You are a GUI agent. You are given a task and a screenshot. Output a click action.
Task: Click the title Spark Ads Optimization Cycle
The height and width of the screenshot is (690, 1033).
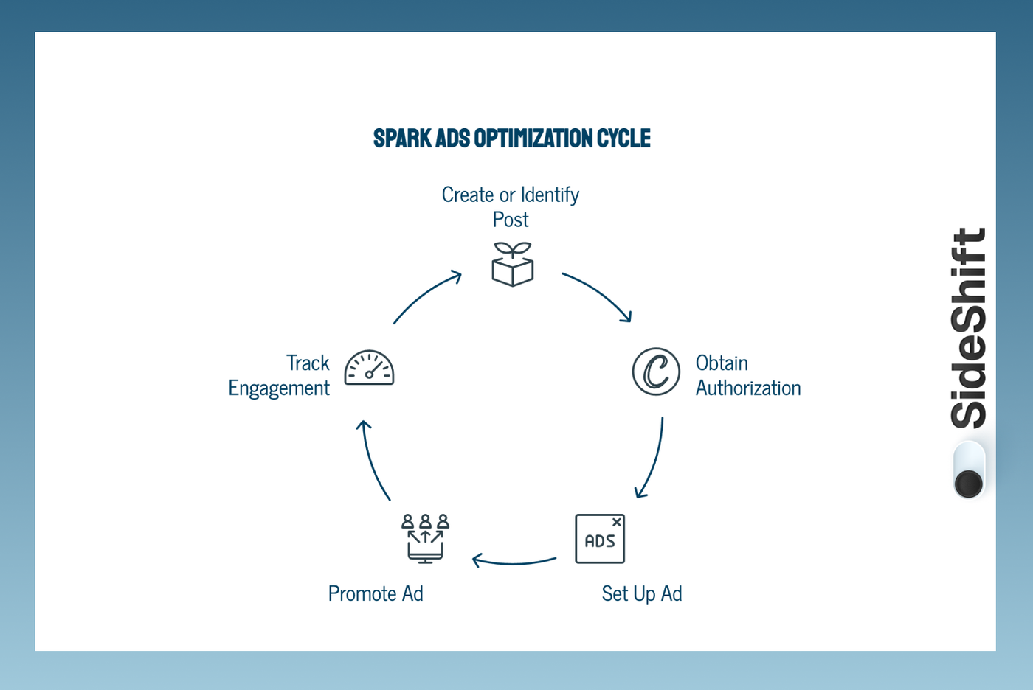tap(511, 139)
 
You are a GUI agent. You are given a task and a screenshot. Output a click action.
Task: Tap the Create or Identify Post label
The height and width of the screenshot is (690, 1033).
tap(511, 207)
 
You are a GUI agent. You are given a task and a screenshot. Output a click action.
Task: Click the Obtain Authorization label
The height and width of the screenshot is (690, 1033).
tap(747, 375)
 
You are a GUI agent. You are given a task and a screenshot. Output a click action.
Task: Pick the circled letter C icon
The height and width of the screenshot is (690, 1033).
tap(656, 372)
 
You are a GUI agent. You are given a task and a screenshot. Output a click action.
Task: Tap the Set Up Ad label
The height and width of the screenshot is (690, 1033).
tap(641, 593)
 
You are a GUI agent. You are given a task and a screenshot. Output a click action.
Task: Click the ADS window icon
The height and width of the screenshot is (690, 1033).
tap(600, 539)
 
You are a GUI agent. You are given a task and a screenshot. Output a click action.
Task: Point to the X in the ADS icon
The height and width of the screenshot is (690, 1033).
tap(617, 522)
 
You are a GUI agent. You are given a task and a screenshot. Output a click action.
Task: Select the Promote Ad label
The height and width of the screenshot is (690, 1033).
tap(376, 593)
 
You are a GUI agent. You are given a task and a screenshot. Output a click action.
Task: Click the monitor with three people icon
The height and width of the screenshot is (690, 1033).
tap(425, 539)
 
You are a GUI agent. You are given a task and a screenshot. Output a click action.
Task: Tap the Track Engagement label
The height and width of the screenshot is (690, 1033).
tap(279, 375)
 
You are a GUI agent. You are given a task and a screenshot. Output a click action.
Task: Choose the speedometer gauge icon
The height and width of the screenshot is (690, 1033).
tap(369, 368)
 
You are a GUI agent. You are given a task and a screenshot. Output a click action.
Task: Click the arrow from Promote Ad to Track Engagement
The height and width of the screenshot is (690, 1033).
tap(373, 461)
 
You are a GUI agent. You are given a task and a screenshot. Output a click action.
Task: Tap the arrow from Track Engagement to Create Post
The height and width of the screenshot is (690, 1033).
tap(426, 295)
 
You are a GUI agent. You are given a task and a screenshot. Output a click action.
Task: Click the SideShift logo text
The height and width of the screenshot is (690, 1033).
tap(968, 328)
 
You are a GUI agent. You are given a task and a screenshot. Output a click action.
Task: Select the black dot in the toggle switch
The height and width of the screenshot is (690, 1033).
tap(968, 484)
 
